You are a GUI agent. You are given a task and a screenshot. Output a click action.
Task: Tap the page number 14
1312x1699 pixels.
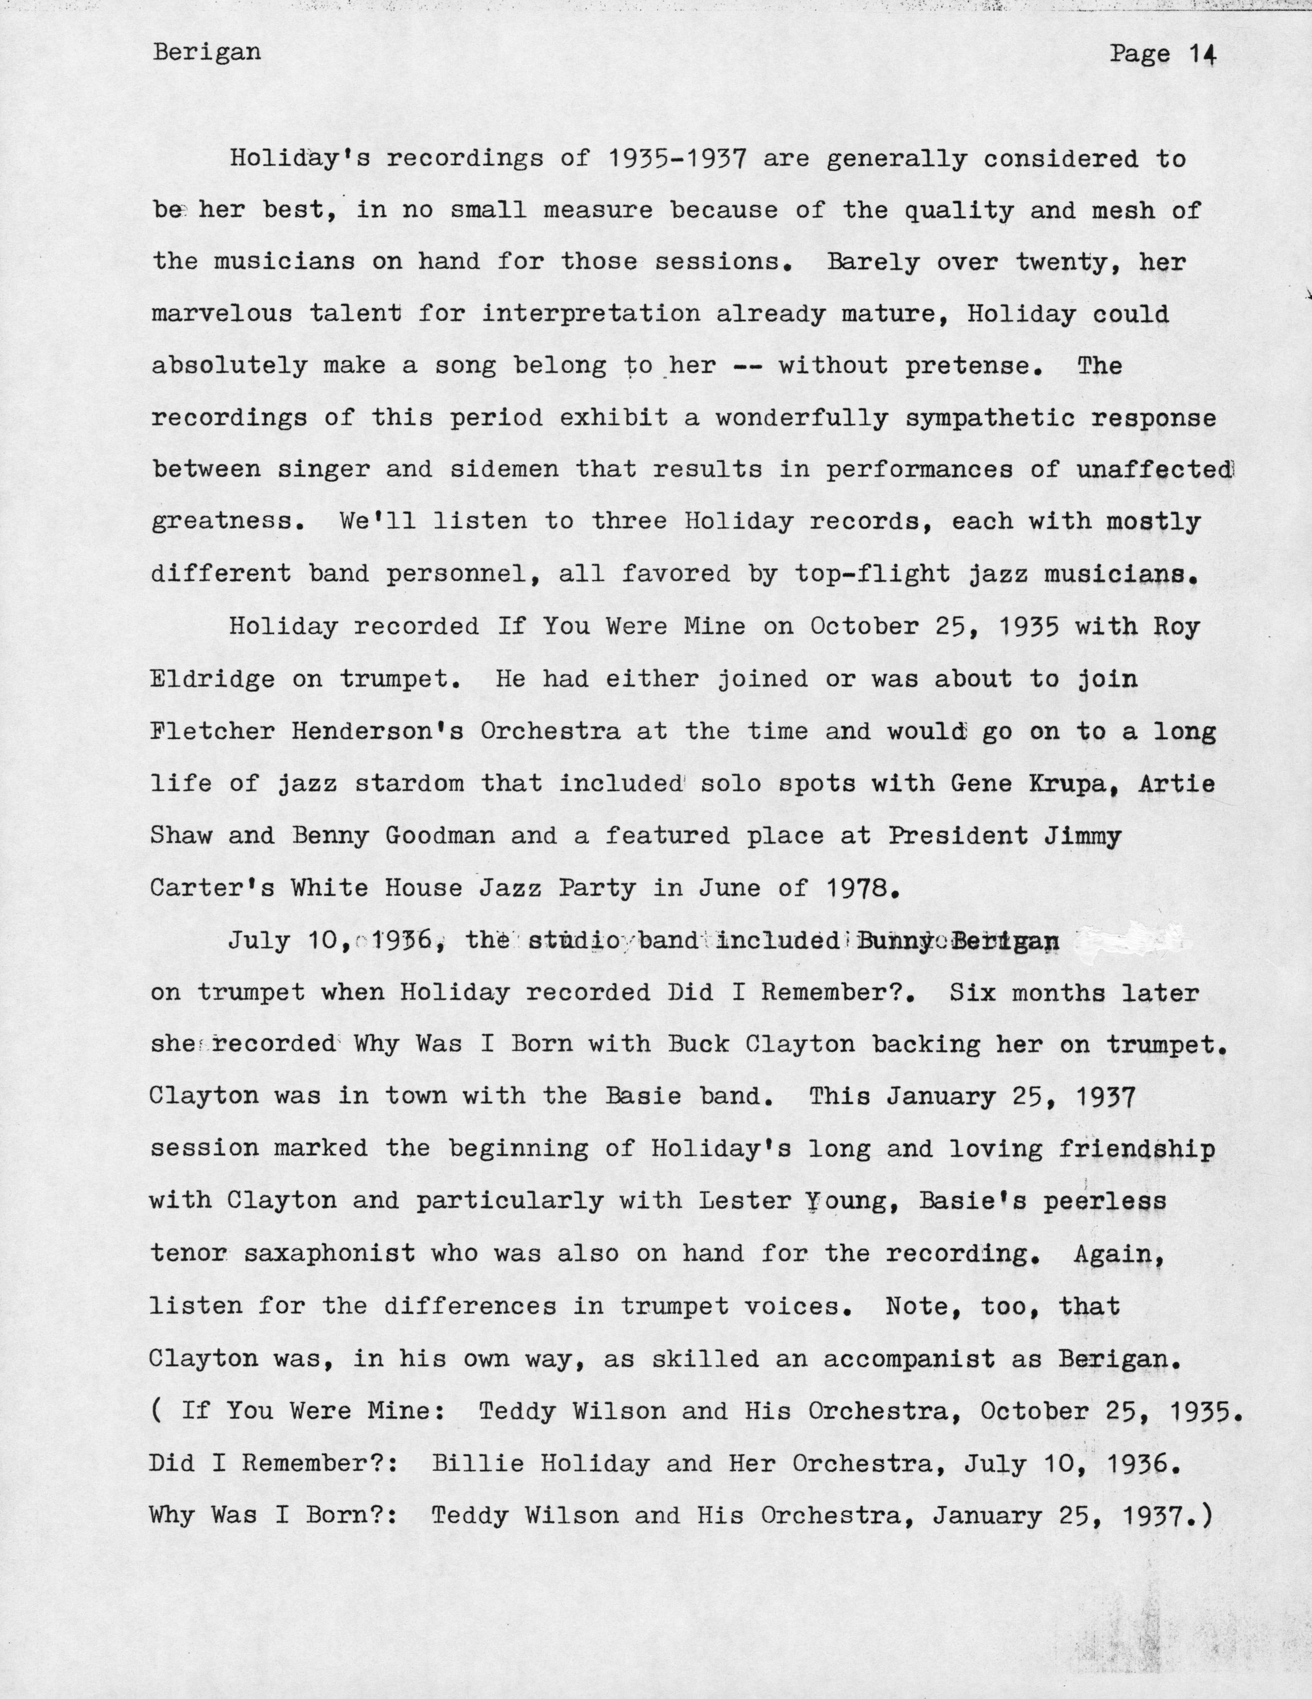click(x=1202, y=54)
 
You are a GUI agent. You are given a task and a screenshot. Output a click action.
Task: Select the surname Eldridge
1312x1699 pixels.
click(x=212, y=679)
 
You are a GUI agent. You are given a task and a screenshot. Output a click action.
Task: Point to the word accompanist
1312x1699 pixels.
click(x=909, y=1358)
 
